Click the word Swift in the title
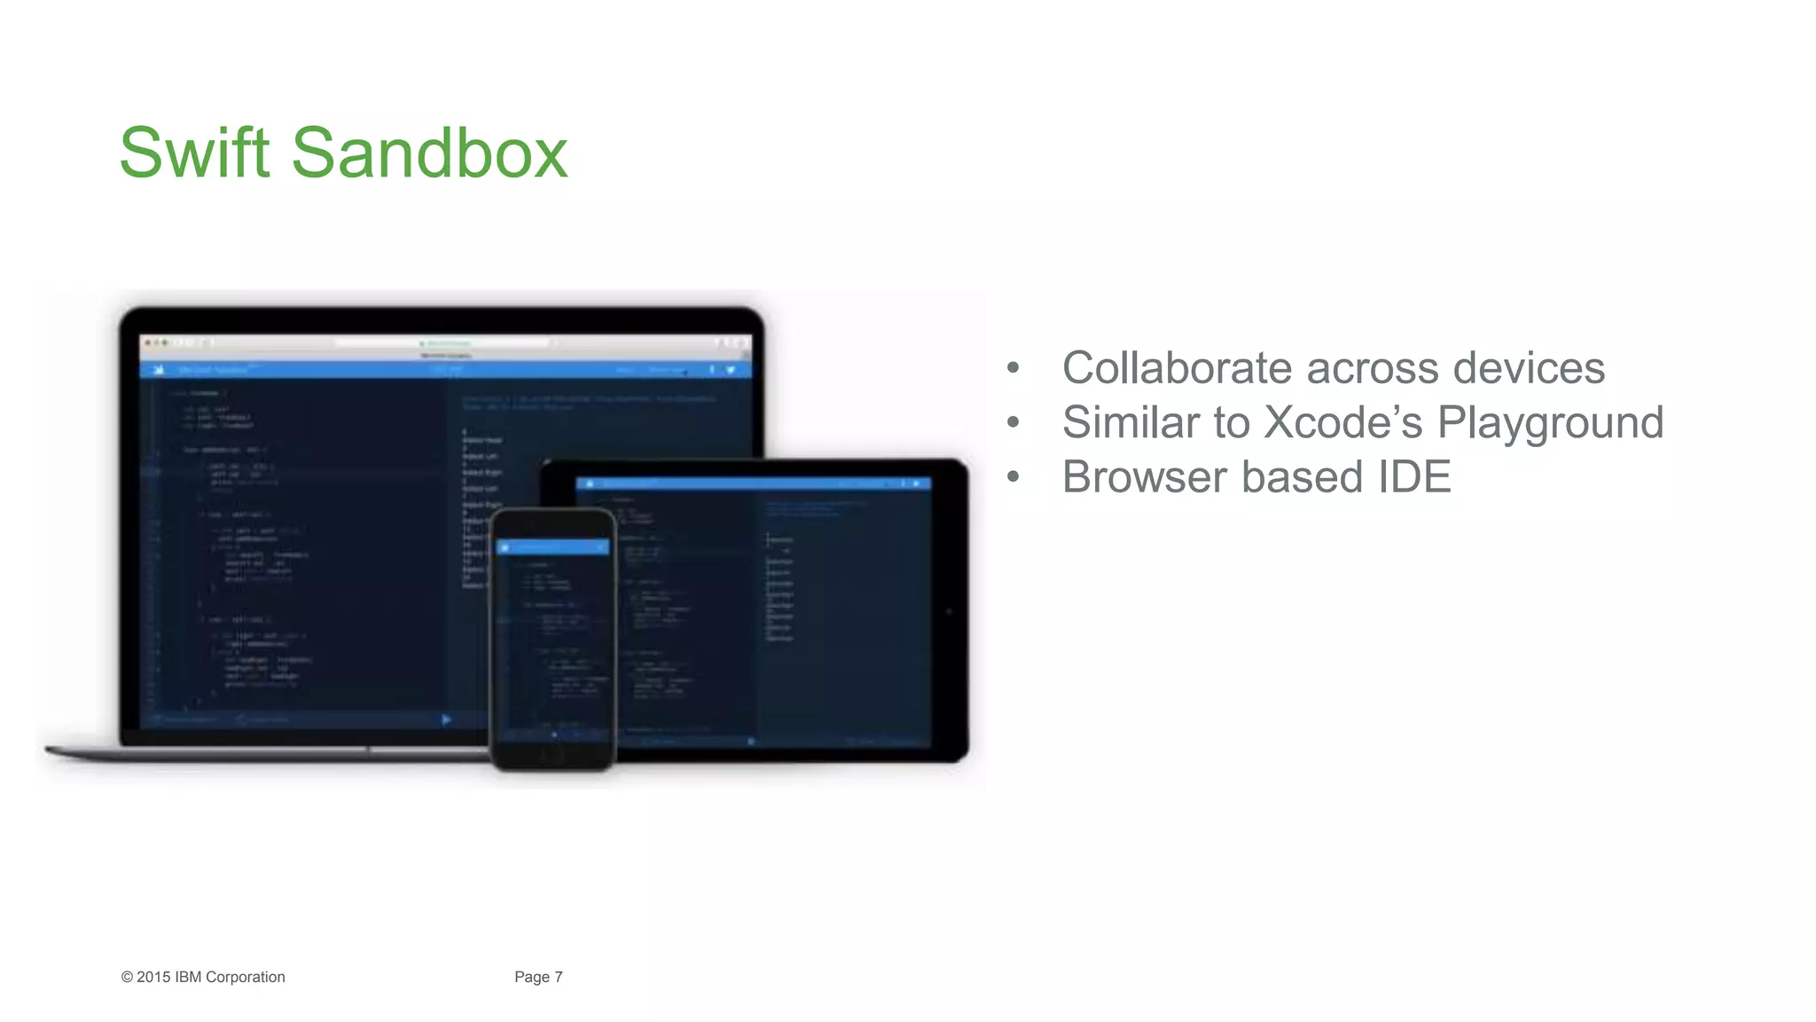(x=194, y=153)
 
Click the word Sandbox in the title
(x=429, y=153)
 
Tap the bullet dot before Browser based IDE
(x=1014, y=477)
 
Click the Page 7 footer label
(x=538, y=977)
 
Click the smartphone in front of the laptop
(x=553, y=639)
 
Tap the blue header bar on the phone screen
(x=553, y=547)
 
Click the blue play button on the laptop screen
(x=446, y=719)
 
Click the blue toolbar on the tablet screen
(x=754, y=484)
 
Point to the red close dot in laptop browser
(x=148, y=342)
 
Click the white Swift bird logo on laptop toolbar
(x=159, y=370)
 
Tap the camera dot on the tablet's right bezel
(x=949, y=611)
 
